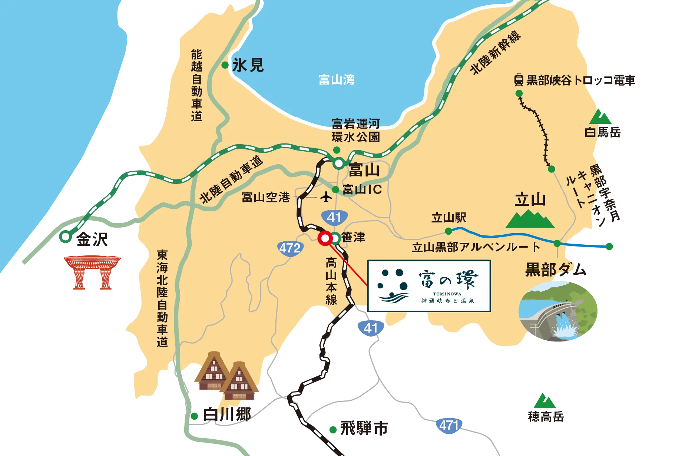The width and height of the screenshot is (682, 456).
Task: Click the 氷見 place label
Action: pos(248,66)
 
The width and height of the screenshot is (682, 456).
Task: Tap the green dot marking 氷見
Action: pos(225,65)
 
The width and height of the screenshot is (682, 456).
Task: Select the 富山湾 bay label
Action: pos(337,79)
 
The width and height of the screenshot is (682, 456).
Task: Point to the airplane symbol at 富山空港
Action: pos(326,197)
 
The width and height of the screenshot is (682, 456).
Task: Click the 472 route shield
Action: pos(290,248)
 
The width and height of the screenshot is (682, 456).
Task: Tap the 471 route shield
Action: pos(449,425)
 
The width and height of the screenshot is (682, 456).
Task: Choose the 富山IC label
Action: pos(362,189)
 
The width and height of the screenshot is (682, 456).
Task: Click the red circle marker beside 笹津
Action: pos(325,238)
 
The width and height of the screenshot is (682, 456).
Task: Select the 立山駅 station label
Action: pos(449,218)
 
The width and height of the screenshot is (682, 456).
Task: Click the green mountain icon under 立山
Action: pos(530,219)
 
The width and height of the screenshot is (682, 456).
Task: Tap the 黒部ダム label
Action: pos(556,270)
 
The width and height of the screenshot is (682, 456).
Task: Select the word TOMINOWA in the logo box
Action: pos(447,294)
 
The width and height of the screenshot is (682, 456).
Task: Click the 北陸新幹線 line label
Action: pos(495,52)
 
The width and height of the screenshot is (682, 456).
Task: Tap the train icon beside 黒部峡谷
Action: pos(519,80)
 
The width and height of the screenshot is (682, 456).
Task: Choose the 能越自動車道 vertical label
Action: pos(197,85)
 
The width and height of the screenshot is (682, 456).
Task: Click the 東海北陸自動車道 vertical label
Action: pos(162,298)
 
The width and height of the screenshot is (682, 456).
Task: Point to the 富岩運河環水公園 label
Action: pos(355,130)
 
